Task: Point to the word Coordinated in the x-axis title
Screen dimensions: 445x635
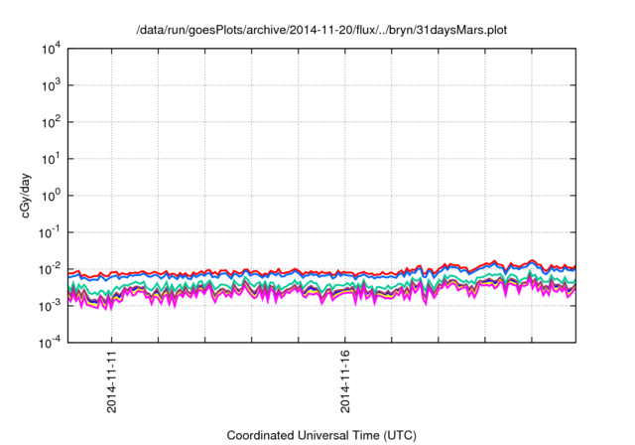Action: pos(263,436)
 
